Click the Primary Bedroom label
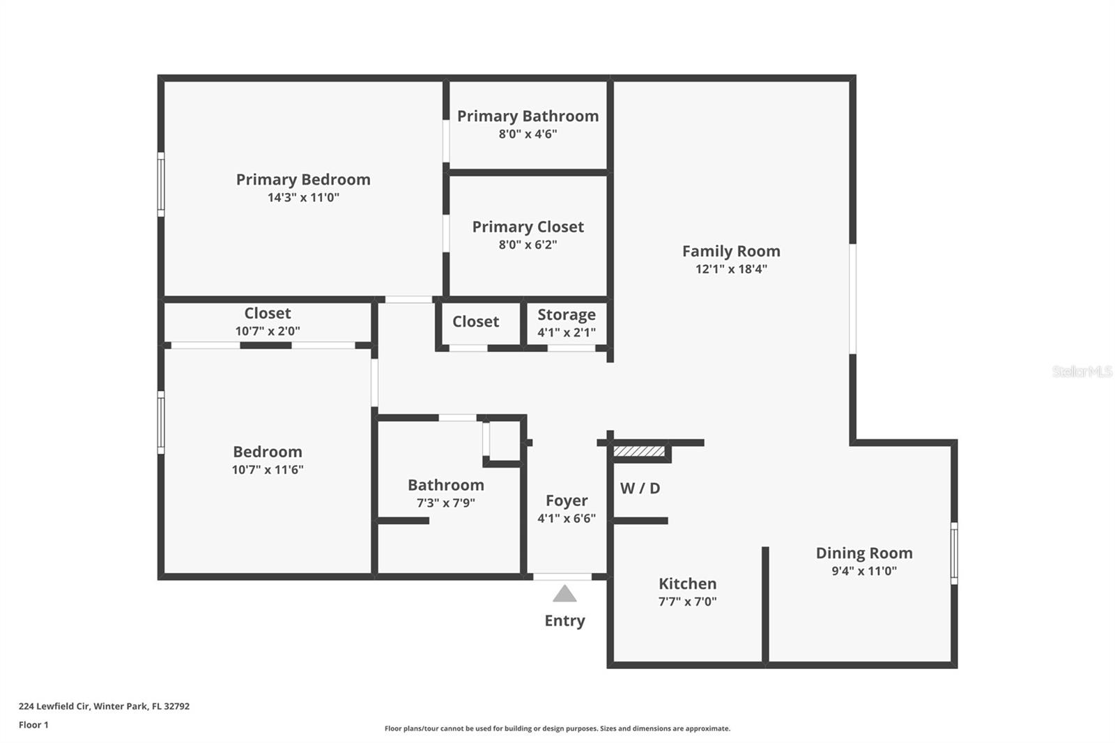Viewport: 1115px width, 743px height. tap(303, 179)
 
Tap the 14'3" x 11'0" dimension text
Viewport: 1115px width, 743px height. tap(303, 197)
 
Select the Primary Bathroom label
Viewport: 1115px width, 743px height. tap(528, 116)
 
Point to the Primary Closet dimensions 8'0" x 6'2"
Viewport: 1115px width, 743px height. tap(528, 245)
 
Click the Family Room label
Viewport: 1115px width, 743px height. tap(731, 251)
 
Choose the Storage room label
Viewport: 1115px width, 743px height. tap(566, 314)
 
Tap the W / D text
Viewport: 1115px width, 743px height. tap(640, 488)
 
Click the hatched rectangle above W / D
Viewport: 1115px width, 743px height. tap(639, 452)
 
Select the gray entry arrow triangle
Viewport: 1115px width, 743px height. tap(564, 594)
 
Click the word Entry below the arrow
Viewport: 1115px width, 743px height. tap(564, 620)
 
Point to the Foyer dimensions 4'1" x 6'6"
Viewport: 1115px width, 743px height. tap(566, 519)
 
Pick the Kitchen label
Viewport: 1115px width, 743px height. tap(687, 583)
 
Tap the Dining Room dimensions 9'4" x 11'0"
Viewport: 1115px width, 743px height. tap(864, 571)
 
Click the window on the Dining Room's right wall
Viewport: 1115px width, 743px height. tap(954, 553)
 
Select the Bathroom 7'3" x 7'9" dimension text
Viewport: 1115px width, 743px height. tap(445, 503)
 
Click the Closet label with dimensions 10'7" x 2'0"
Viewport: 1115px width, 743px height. tap(268, 313)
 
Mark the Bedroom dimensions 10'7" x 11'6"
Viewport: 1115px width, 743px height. tap(268, 470)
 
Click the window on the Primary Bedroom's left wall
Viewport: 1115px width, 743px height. tap(161, 185)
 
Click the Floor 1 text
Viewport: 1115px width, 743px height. tap(33, 725)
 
